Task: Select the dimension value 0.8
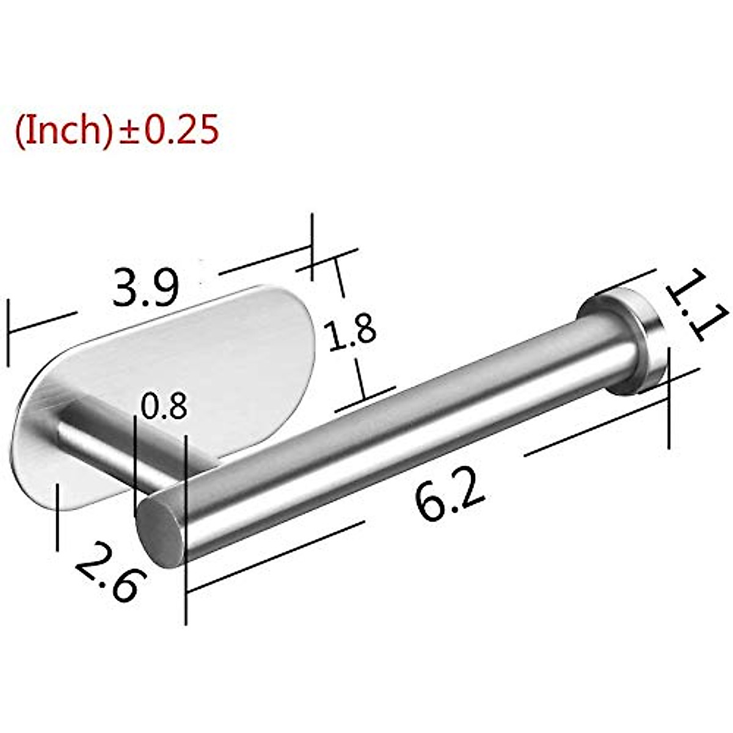coord(163,407)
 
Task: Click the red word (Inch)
coord(63,129)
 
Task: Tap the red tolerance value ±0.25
coord(169,129)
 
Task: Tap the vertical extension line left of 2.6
coord(57,516)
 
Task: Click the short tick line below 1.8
coord(364,398)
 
